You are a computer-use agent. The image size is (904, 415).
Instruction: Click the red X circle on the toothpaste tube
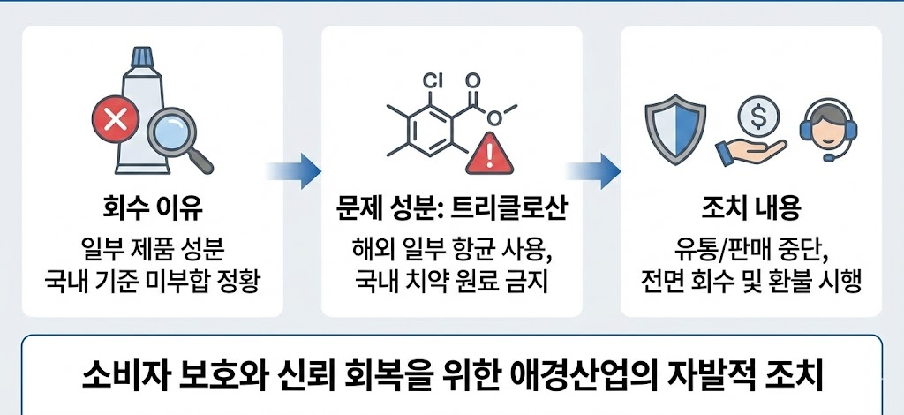pyautogui.click(x=115, y=121)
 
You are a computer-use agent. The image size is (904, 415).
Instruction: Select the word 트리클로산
pyautogui.click(x=508, y=211)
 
